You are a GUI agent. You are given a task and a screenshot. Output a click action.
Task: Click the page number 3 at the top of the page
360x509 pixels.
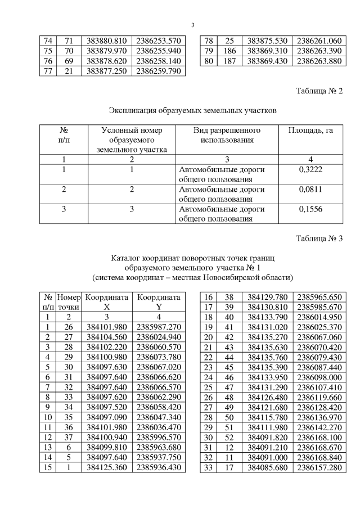192,25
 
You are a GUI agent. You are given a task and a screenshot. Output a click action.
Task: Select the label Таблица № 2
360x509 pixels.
319,91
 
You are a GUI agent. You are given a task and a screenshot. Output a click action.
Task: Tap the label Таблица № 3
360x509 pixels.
319,238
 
